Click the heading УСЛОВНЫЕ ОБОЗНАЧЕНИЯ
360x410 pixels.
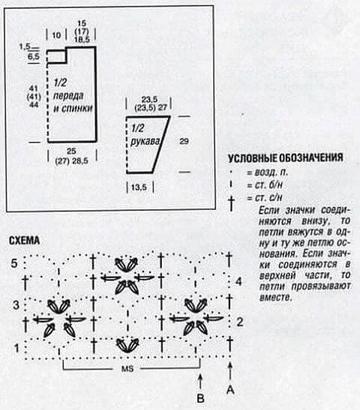point(286,158)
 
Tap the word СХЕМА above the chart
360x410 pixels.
point(24,241)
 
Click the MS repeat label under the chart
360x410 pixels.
point(127,369)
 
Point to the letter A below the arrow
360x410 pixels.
point(230,390)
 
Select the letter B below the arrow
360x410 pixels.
point(200,398)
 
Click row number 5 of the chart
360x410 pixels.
point(14,263)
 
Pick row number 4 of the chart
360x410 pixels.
point(238,282)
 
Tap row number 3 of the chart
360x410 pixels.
point(16,305)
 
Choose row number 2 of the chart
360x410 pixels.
point(240,322)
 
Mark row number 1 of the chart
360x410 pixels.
point(16,348)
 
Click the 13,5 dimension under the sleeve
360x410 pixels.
point(139,187)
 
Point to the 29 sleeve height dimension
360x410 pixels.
point(184,141)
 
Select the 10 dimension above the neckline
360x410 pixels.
point(56,35)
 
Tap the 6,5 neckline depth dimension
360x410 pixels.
point(34,56)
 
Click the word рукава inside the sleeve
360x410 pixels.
point(145,142)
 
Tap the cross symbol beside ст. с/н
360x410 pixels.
point(231,203)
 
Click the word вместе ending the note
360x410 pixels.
point(275,297)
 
